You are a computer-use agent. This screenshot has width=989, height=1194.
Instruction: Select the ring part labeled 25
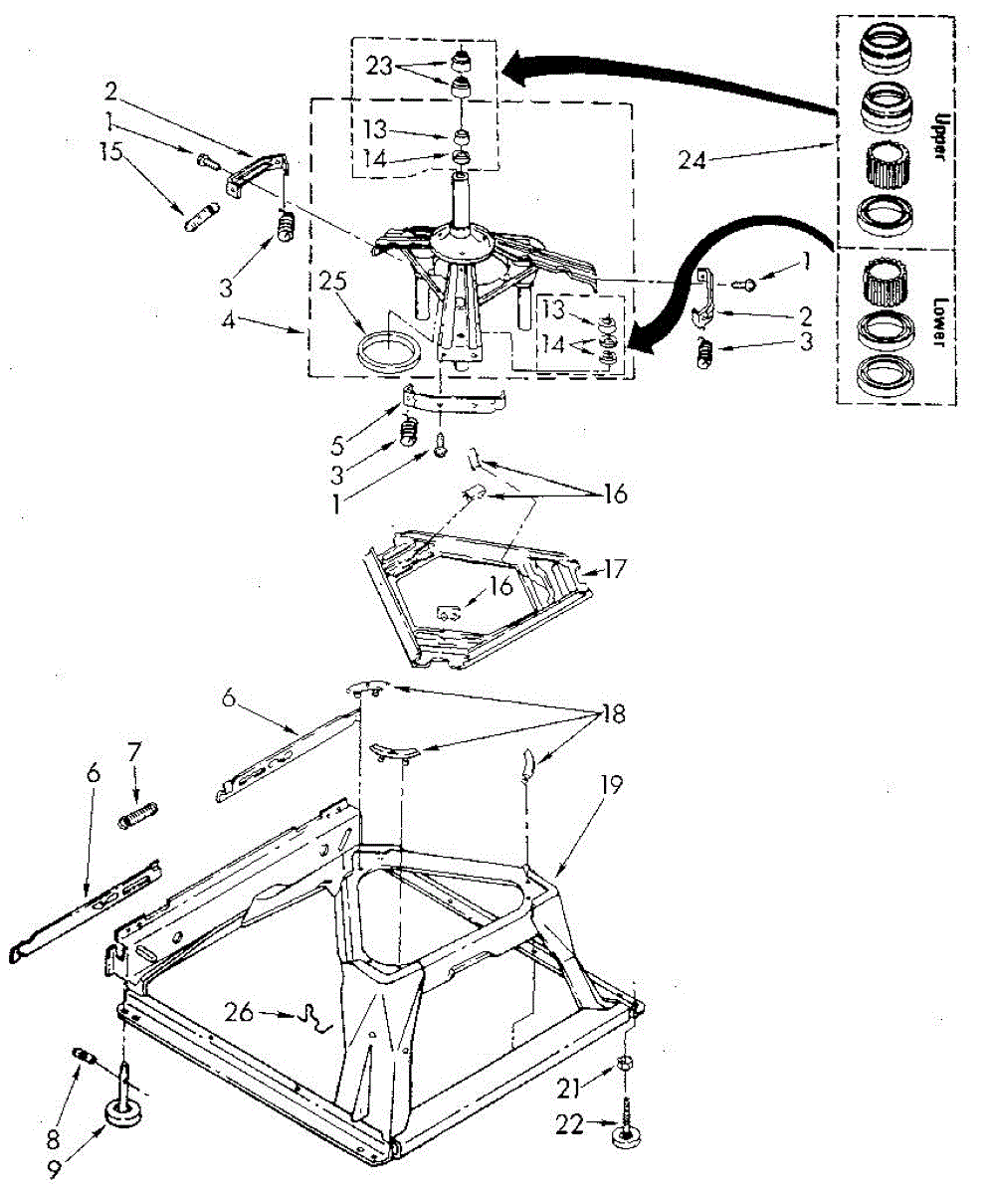pos(384,353)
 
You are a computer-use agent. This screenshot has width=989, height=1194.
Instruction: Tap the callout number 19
pos(611,786)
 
